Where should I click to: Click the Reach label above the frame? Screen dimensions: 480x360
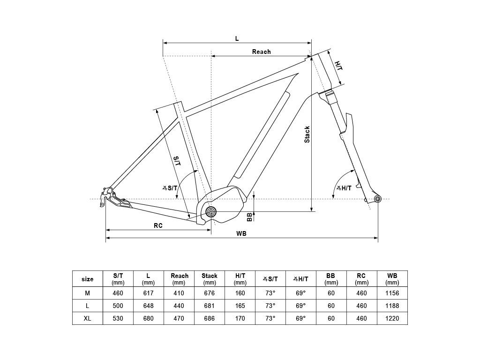261,52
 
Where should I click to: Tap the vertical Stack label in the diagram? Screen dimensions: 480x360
307,135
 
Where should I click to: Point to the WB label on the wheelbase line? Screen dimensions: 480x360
241,233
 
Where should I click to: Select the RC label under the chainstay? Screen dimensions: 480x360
158,225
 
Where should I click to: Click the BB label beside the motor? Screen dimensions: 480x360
250,217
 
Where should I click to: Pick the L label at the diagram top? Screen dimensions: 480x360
237,38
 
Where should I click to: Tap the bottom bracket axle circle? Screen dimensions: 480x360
210,211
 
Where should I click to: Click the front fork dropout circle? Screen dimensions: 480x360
378,199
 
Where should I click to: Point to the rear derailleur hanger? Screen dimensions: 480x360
107,196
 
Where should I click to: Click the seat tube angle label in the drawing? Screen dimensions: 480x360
170,187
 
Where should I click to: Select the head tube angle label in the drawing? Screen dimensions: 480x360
344,188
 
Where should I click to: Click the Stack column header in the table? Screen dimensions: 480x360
210,279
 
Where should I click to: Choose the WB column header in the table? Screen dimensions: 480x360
392,279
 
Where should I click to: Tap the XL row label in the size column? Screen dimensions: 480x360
87,318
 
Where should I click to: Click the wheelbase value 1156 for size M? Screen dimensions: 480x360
392,293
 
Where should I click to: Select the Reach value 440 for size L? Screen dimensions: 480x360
179,306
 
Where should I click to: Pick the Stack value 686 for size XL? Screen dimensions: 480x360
210,318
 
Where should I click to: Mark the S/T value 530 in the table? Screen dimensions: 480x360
118,318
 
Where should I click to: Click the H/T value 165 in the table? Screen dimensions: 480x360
240,306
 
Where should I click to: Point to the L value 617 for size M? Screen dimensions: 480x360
149,293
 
